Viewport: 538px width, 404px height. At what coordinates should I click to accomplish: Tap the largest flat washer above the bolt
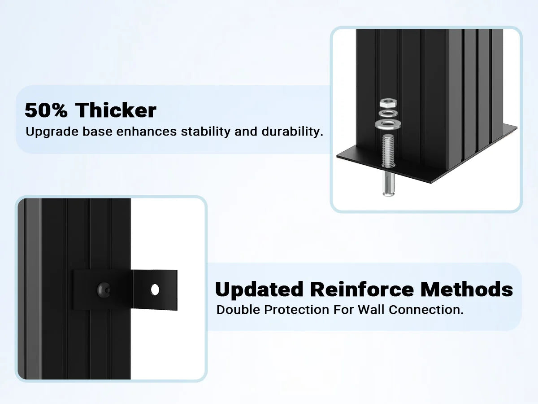(388, 124)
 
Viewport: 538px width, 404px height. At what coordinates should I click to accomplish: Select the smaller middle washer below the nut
(388, 113)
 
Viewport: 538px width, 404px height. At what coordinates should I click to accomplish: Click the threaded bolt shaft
(388, 151)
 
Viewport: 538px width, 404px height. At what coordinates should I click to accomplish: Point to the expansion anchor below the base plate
(389, 184)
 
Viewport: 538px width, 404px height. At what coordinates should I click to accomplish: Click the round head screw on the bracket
(104, 290)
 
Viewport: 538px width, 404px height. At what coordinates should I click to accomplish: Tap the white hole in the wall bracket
(155, 290)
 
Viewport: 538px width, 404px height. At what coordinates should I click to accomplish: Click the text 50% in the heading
(46, 110)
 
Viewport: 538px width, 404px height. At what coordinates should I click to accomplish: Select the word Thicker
(116, 110)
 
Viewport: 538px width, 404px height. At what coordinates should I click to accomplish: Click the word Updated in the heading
(259, 290)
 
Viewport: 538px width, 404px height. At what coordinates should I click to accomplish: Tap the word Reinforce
(362, 290)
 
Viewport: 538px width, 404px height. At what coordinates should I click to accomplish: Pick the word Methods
(467, 290)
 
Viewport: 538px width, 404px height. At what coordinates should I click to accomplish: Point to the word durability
(292, 132)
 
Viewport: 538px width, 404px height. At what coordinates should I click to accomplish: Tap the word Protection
(297, 310)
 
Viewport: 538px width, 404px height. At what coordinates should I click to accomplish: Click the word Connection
(426, 310)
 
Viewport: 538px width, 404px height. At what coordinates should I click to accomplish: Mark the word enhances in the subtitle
(146, 132)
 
